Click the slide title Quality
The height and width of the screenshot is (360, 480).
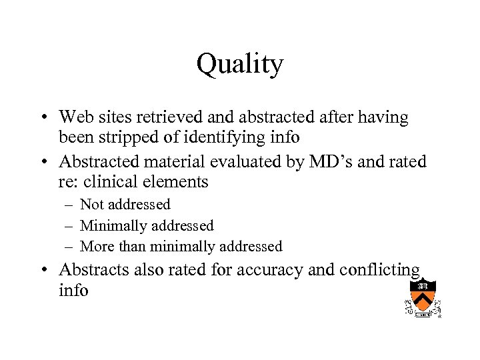(240, 65)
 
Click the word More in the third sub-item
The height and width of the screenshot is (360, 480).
(97, 247)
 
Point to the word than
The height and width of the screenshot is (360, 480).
(132, 247)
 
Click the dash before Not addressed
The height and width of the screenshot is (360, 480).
(69, 205)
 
